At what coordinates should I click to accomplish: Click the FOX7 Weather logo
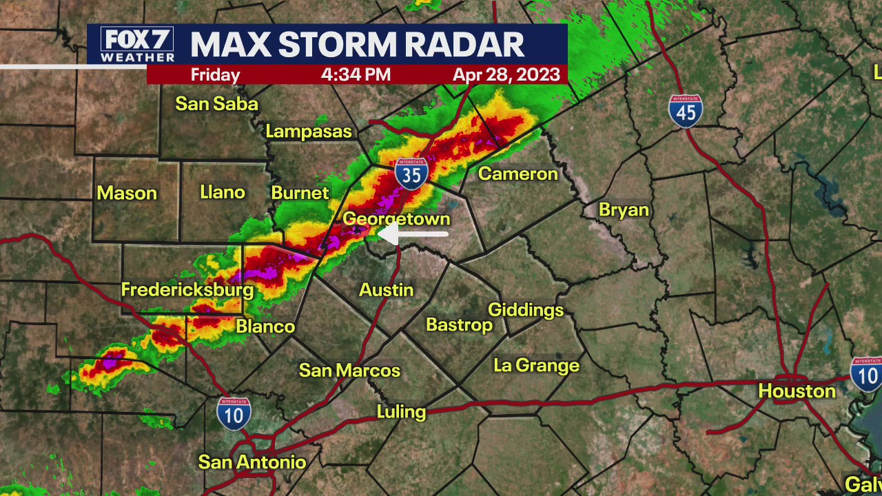pyautogui.click(x=137, y=45)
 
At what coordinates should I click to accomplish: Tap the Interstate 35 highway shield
pyautogui.click(x=411, y=174)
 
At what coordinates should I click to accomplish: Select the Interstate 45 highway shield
pyautogui.click(x=685, y=112)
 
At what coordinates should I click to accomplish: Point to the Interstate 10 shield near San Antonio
pyautogui.click(x=234, y=413)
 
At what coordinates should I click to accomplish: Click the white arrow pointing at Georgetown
pyautogui.click(x=413, y=234)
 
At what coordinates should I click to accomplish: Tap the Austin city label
pyautogui.click(x=387, y=290)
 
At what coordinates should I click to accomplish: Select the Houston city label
pyautogui.click(x=797, y=391)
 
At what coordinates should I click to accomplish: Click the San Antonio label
pyautogui.click(x=252, y=462)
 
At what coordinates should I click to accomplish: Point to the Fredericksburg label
pyautogui.click(x=187, y=290)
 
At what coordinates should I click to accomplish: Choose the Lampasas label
pyautogui.click(x=309, y=132)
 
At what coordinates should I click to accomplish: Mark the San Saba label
pyautogui.click(x=216, y=104)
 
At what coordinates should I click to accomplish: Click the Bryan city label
pyautogui.click(x=624, y=210)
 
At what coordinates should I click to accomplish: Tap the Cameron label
pyautogui.click(x=517, y=174)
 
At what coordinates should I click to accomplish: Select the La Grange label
pyautogui.click(x=536, y=366)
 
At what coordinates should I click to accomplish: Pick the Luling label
pyautogui.click(x=401, y=412)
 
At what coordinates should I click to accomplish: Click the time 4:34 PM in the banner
pyautogui.click(x=356, y=74)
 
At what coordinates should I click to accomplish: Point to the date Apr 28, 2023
pyautogui.click(x=506, y=74)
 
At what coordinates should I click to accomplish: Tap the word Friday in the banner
pyautogui.click(x=215, y=74)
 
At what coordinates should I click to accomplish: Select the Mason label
pyautogui.click(x=127, y=194)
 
